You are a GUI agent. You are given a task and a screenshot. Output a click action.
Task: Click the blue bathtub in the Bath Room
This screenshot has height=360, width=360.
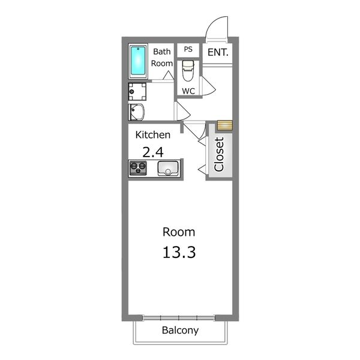pos(138,61)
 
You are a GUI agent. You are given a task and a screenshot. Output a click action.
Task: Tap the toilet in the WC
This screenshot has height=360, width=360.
pos(188,71)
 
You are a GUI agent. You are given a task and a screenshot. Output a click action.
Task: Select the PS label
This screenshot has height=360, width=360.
pos(188,49)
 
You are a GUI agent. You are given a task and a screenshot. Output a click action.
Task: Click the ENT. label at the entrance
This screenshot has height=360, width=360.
pos(218,52)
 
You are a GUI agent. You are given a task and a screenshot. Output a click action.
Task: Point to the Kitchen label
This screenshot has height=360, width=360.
pos(153,135)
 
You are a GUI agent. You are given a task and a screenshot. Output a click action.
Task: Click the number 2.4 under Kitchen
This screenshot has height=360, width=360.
pos(153,152)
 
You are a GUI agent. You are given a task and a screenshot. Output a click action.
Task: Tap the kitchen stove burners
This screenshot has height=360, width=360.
pos(138,168)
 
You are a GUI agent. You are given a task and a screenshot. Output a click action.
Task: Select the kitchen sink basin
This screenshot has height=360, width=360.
pos(168,168)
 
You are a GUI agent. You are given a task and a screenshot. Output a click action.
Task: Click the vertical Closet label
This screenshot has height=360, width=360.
pos(219,154)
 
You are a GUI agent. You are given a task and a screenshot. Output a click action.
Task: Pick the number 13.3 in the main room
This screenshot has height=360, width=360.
pos(179,252)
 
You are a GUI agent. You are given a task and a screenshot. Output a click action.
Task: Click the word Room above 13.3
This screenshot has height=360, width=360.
pos(179,232)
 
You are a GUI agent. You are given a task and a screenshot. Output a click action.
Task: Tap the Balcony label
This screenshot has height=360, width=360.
pos(180,331)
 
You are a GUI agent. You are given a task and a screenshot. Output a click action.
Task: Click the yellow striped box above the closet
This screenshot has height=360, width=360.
pos(225,125)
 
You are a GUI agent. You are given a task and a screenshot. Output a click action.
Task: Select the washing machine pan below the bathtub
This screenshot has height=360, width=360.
pos(137,92)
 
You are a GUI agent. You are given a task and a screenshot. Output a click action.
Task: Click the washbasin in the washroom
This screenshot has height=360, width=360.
pos(136,112)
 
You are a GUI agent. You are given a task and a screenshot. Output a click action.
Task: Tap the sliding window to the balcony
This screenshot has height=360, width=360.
pos(179,318)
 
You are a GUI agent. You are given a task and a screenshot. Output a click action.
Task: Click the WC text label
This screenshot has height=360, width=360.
pos(188,91)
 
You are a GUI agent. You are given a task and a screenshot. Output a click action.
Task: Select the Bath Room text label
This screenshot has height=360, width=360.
pos(162,58)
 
